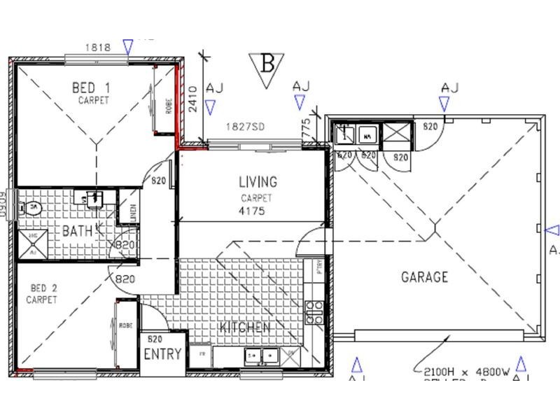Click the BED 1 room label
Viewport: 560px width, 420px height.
coord(94,88)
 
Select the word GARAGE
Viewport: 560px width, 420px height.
coord(424,277)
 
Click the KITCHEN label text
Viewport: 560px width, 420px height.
coord(244,328)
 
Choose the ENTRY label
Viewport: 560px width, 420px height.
coord(162,354)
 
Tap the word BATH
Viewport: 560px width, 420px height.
coord(77,231)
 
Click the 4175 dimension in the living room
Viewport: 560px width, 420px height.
coord(251,211)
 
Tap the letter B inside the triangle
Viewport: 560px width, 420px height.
coord(267,64)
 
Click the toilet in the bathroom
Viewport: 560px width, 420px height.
coord(31,208)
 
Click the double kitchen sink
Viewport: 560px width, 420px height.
coord(261,356)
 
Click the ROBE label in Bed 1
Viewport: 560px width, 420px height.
coord(169,106)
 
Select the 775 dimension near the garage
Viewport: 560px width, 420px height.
coord(307,127)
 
